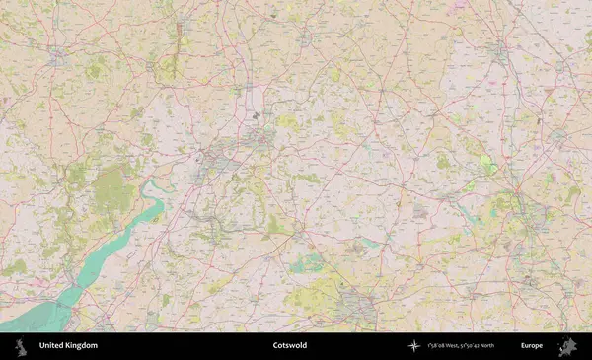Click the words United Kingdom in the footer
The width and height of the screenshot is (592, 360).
68,346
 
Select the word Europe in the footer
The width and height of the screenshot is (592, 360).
532,346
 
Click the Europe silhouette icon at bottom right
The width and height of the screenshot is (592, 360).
567,346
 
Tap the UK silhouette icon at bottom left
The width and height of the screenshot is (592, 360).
21,346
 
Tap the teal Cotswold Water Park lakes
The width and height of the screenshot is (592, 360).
308,261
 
